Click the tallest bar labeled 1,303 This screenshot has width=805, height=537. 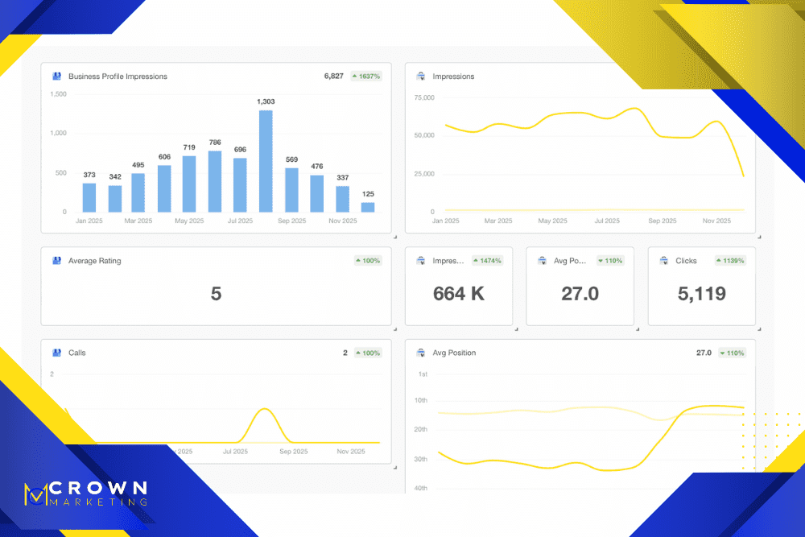click(x=265, y=160)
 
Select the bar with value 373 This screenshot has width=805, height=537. click(x=89, y=197)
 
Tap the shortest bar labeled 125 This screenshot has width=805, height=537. click(x=368, y=207)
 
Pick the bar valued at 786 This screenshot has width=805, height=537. click(x=215, y=181)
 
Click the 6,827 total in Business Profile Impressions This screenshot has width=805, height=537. click(x=333, y=76)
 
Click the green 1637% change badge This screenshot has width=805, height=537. click(x=365, y=76)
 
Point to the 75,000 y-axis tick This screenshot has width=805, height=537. click(x=424, y=97)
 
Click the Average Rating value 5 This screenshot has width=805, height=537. click(x=216, y=294)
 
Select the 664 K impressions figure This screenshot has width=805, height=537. click(x=459, y=294)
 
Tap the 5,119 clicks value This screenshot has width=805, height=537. click(x=701, y=294)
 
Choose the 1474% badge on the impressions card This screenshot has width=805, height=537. click(x=488, y=261)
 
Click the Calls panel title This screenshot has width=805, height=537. click(x=77, y=353)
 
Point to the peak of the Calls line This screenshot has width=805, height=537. click(x=265, y=410)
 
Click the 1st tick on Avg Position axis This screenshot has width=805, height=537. click(x=423, y=374)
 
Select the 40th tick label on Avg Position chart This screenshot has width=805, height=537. click(x=422, y=489)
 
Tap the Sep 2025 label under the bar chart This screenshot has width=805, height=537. click(x=293, y=221)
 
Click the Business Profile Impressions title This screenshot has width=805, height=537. click(x=118, y=76)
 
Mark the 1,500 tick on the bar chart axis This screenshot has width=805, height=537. click(x=59, y=94)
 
